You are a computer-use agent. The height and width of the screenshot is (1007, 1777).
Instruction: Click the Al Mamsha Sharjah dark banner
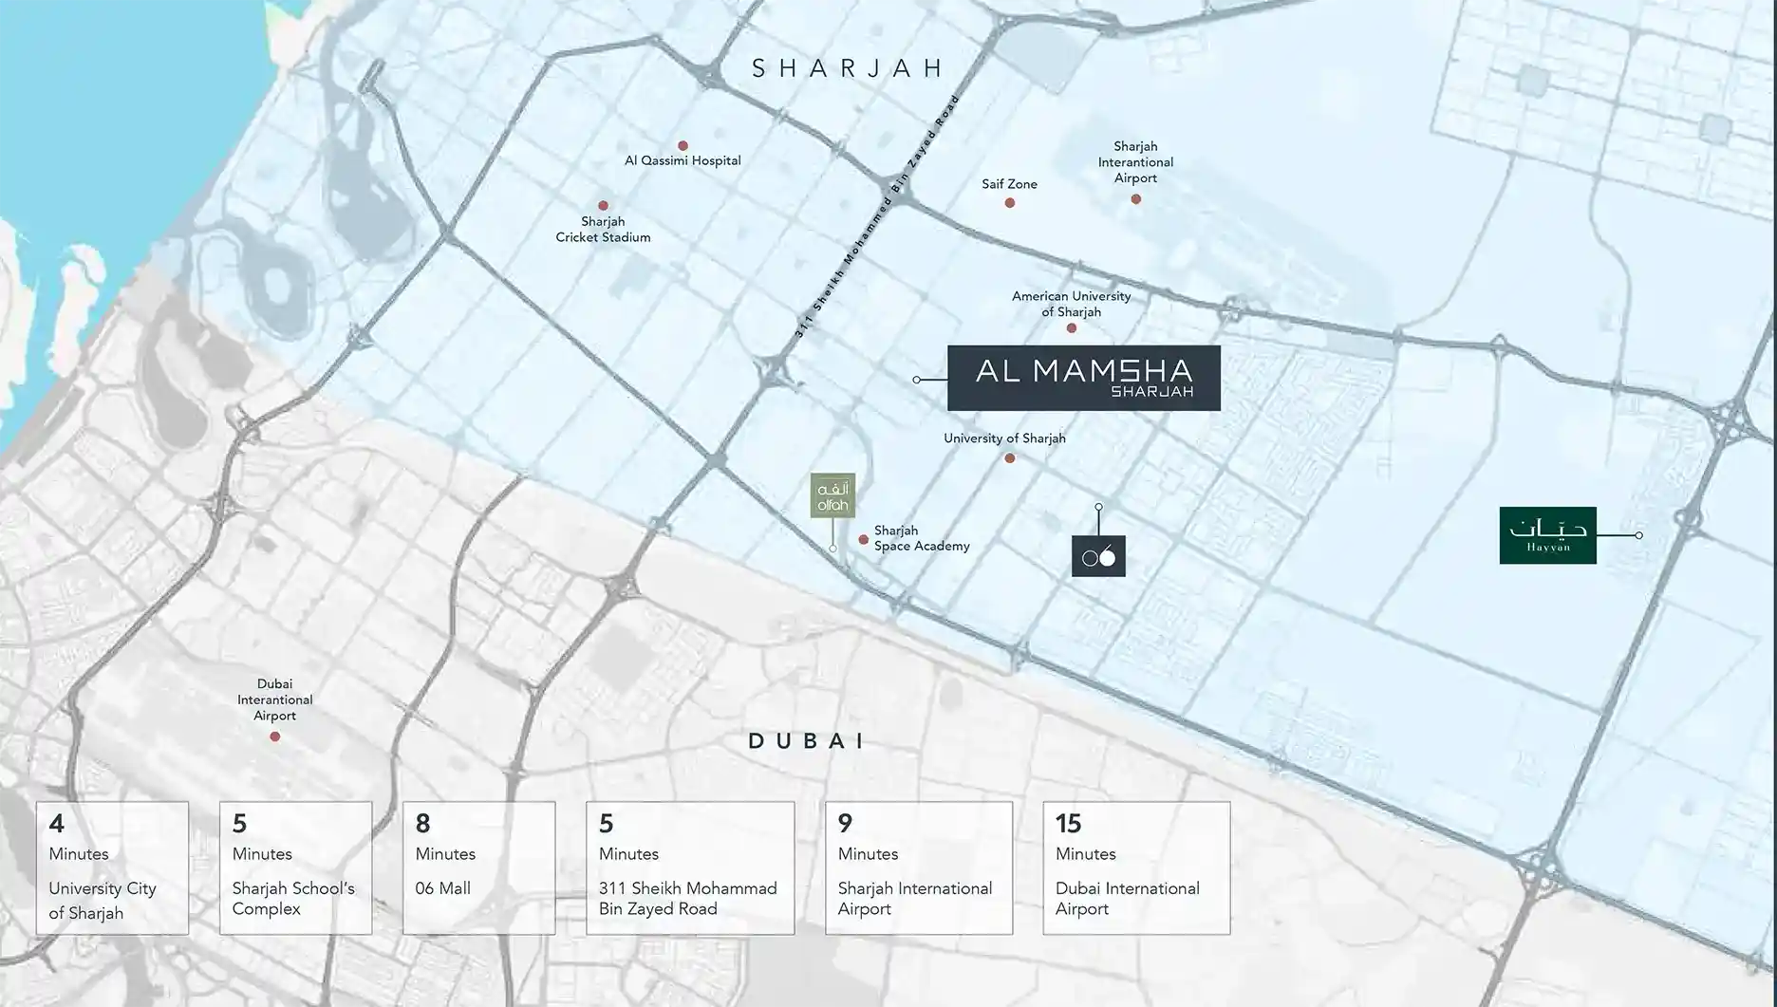(x=1083, y=378)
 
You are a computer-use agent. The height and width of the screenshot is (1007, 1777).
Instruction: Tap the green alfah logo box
(x=832, y=495)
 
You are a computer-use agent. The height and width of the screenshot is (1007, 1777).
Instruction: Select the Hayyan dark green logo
(x=1547, y=535)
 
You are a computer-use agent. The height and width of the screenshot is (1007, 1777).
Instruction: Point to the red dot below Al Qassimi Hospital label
(x=683, y=146)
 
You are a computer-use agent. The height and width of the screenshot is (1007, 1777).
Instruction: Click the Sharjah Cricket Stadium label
(x=603, y=230)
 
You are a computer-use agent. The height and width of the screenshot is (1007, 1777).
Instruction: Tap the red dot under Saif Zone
(x=1010, y=202)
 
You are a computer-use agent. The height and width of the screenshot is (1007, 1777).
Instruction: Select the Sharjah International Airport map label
(x=1135, y=162)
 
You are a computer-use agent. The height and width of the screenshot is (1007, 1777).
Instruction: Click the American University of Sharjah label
(x=1071, y=304)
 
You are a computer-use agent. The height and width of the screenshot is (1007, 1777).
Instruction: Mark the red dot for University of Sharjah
(x=1010, y=458)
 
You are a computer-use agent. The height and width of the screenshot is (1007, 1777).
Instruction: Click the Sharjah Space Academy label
(x=921, y=538)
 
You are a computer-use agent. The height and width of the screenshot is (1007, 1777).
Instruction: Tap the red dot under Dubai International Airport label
(x=275, y=737)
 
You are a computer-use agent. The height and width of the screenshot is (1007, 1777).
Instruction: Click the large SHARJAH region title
(x=848, y=68)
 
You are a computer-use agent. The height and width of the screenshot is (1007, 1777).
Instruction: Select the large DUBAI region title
(x=806, y=741)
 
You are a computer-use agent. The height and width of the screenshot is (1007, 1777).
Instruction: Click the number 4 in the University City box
(x=57, y=823)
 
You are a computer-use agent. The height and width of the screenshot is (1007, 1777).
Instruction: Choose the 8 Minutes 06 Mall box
(x=478, y=867)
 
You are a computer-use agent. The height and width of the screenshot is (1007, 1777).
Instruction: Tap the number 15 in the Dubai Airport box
(x=1068, y=823)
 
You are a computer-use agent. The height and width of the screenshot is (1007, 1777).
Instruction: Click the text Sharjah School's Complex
(x=293, y=898)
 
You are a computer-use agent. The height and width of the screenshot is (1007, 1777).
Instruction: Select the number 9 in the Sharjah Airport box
(x=845, y=823)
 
